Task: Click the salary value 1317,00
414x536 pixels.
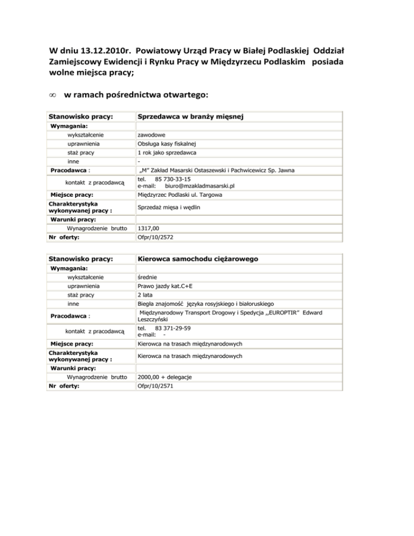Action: point(149,229)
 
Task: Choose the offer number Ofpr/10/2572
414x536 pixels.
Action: point(156,237)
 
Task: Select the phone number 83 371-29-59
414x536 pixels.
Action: point(172,328)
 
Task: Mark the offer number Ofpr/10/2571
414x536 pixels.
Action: point(156,386)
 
